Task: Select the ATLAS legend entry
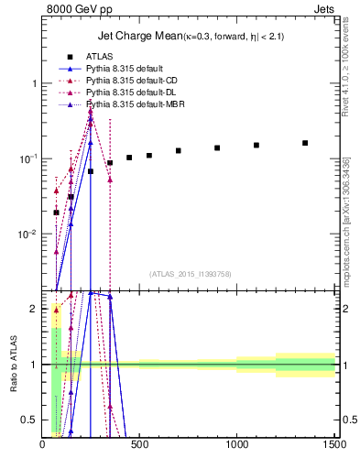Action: point(99,56)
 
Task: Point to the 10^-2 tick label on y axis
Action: point(28,234)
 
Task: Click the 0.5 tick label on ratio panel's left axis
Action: point(30,420)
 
